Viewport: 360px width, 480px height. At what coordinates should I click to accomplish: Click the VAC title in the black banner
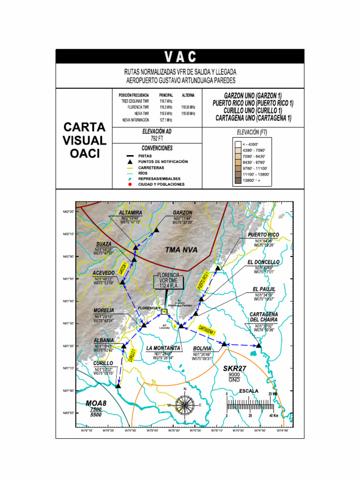pos(180,57)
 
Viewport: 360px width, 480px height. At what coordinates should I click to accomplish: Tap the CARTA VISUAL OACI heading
pos(84,140)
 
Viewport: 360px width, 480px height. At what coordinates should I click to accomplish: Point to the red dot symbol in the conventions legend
pos(129,185)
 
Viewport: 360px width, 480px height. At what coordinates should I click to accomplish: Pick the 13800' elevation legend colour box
pos(238,180)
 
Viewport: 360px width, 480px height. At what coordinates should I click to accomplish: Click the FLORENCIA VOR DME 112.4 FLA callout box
pos(168,281)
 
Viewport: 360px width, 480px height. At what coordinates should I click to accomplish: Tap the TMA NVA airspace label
pos(181,250)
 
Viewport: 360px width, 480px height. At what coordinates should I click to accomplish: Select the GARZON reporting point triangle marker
pos(156,230)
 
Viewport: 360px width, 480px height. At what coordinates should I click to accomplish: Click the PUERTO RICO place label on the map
pos(263,234)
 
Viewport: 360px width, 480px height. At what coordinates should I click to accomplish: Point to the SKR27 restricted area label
pos(234,368)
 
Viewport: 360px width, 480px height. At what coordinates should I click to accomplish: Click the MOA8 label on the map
pos(96,403)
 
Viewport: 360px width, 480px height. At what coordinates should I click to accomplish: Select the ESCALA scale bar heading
pos(248,390)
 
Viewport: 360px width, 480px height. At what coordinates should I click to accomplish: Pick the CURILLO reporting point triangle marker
pos(118,386)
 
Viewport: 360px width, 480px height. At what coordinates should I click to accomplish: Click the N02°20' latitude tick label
pos(68,211)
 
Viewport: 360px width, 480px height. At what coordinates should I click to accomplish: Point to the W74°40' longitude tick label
pos(282,430)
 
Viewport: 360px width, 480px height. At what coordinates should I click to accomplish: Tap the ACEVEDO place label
pos(103,272)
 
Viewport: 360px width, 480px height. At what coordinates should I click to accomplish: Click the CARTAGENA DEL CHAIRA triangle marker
pos(259,345)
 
